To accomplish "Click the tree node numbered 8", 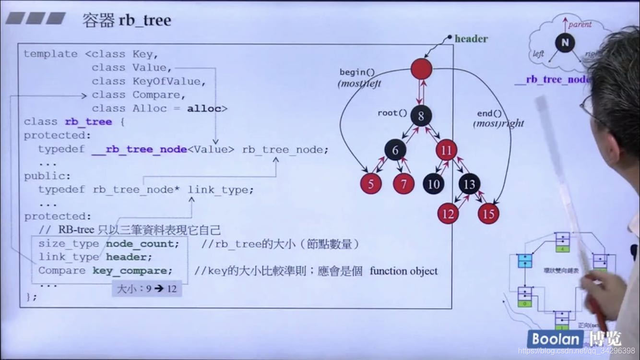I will pyautogui.click(x=421, y=116).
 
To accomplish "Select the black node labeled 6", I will pyautogui.click(x=395, y=150).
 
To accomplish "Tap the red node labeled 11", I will pyautogui.click(x=447, y=150).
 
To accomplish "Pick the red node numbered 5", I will pyautogui.click(x=371, y=184).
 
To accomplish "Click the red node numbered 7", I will pyautogui.click(x=403, y=184).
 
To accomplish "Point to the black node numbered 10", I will pyautogui.click(x=433, y=184).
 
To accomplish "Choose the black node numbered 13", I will pyautogui.click(x=469, y=184).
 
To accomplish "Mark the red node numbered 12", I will pyautogui.click(x=448, y=214).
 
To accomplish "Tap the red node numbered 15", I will pyautogui.click(x=488, y=214).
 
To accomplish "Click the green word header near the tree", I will pyautogui.click(x=471, y=39).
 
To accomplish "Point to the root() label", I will pyautogui.click(x=392, y=113).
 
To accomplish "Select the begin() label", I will pyautogui.click(x=357, y=72).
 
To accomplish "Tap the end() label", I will pyautogui.click(x=489, y=114).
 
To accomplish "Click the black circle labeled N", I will pyautogui.click(x=565, y=43).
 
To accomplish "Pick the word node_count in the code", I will pyautogui.click(x=142, y=244).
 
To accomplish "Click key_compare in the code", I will pyautogui.click(x=132, y=271).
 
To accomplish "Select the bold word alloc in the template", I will pyautogui.click(x=204, y=108).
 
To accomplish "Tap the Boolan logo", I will pyautogui.click(x=555, y=339).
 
